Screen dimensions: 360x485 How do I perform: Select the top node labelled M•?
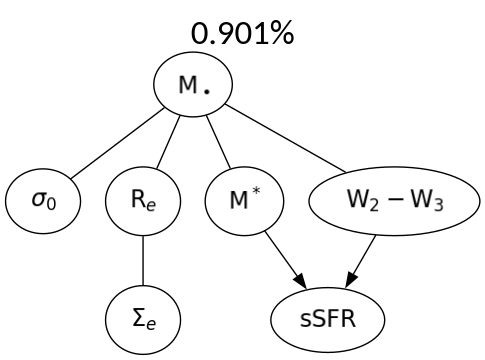pos(193,89)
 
